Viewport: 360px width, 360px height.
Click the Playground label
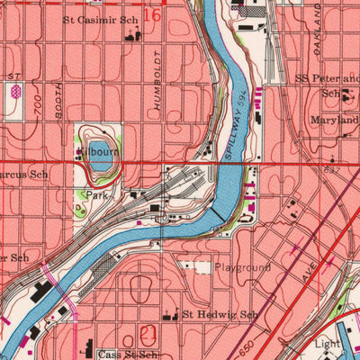(243, 267)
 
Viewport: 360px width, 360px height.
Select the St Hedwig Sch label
(220, 315)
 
